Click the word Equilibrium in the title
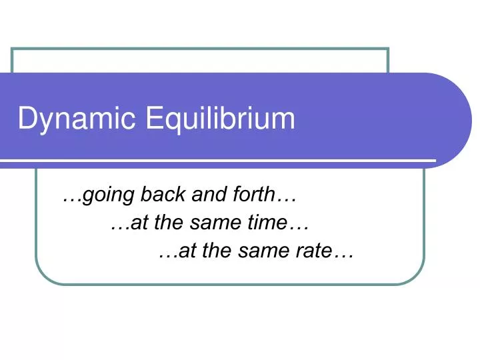(219, 119)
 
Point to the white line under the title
(220, 161)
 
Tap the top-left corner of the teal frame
(13, 49)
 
